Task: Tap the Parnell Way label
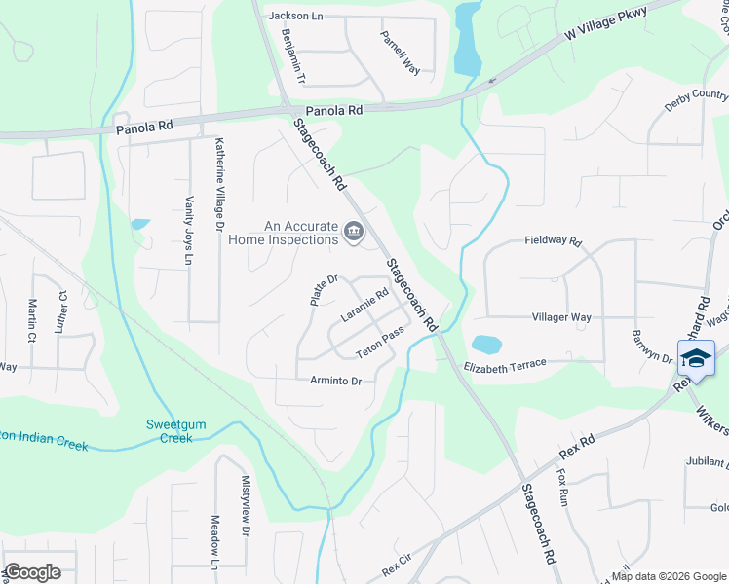click(401, 53)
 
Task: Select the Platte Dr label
click(324, 290)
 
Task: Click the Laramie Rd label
click(364, 306)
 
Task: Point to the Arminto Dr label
click(335, 381)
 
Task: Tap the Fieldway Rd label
click(553, 240)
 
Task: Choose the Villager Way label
click(561, 317)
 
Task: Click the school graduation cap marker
click(696, 358)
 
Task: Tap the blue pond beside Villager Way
click(485, 345)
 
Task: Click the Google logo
click(33, 572)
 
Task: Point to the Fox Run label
click(562, 488)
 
